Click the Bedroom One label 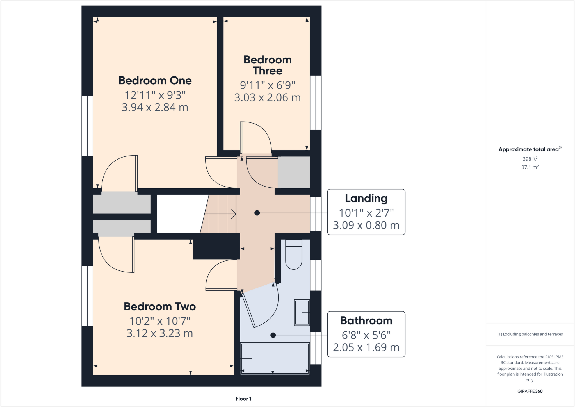click(155, 81)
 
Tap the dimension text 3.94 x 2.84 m click(155, 107)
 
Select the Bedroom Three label click(267, 65)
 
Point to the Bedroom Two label click(159, 306)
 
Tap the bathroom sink click(302, 313)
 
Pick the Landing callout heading click(366, 198)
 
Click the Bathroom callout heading click(366, 321)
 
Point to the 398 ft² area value click(530, 159)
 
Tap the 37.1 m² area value click(530, 167)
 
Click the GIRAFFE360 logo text click(530, 391)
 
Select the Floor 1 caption click(243, 399)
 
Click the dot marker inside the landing click(257, 213)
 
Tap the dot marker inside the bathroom click(273, 335)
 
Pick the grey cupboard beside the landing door click(294, 172)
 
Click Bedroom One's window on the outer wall click(87, 126)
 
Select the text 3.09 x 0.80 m click(366, 225)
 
